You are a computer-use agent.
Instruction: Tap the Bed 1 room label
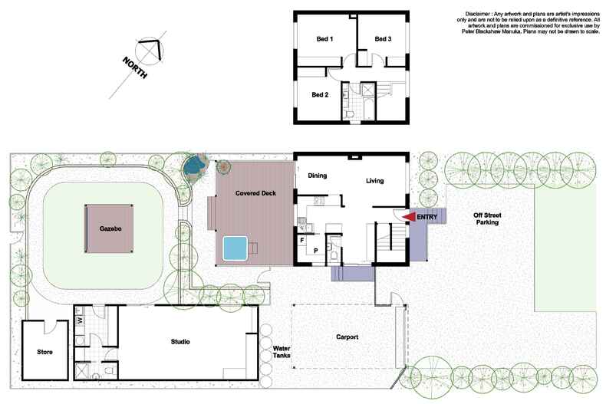point(325,39)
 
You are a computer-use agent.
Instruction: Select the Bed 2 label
point(320,94)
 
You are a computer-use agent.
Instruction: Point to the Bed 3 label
point(383,39)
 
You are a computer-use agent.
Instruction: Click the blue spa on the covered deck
point(234,247)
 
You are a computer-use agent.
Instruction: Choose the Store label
point(44,353)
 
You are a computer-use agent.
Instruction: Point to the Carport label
point(347,337)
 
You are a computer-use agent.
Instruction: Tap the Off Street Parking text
point(486,218)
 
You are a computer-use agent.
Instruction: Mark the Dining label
point(318,176)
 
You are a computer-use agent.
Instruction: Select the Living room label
point(374,181)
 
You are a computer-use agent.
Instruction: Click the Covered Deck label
point(255,192)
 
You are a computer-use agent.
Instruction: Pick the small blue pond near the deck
point(196,163)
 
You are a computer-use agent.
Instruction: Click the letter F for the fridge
point(303,240)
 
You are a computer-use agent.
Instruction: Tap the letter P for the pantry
point(315,250)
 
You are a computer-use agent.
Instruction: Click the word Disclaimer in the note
point(480,13)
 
